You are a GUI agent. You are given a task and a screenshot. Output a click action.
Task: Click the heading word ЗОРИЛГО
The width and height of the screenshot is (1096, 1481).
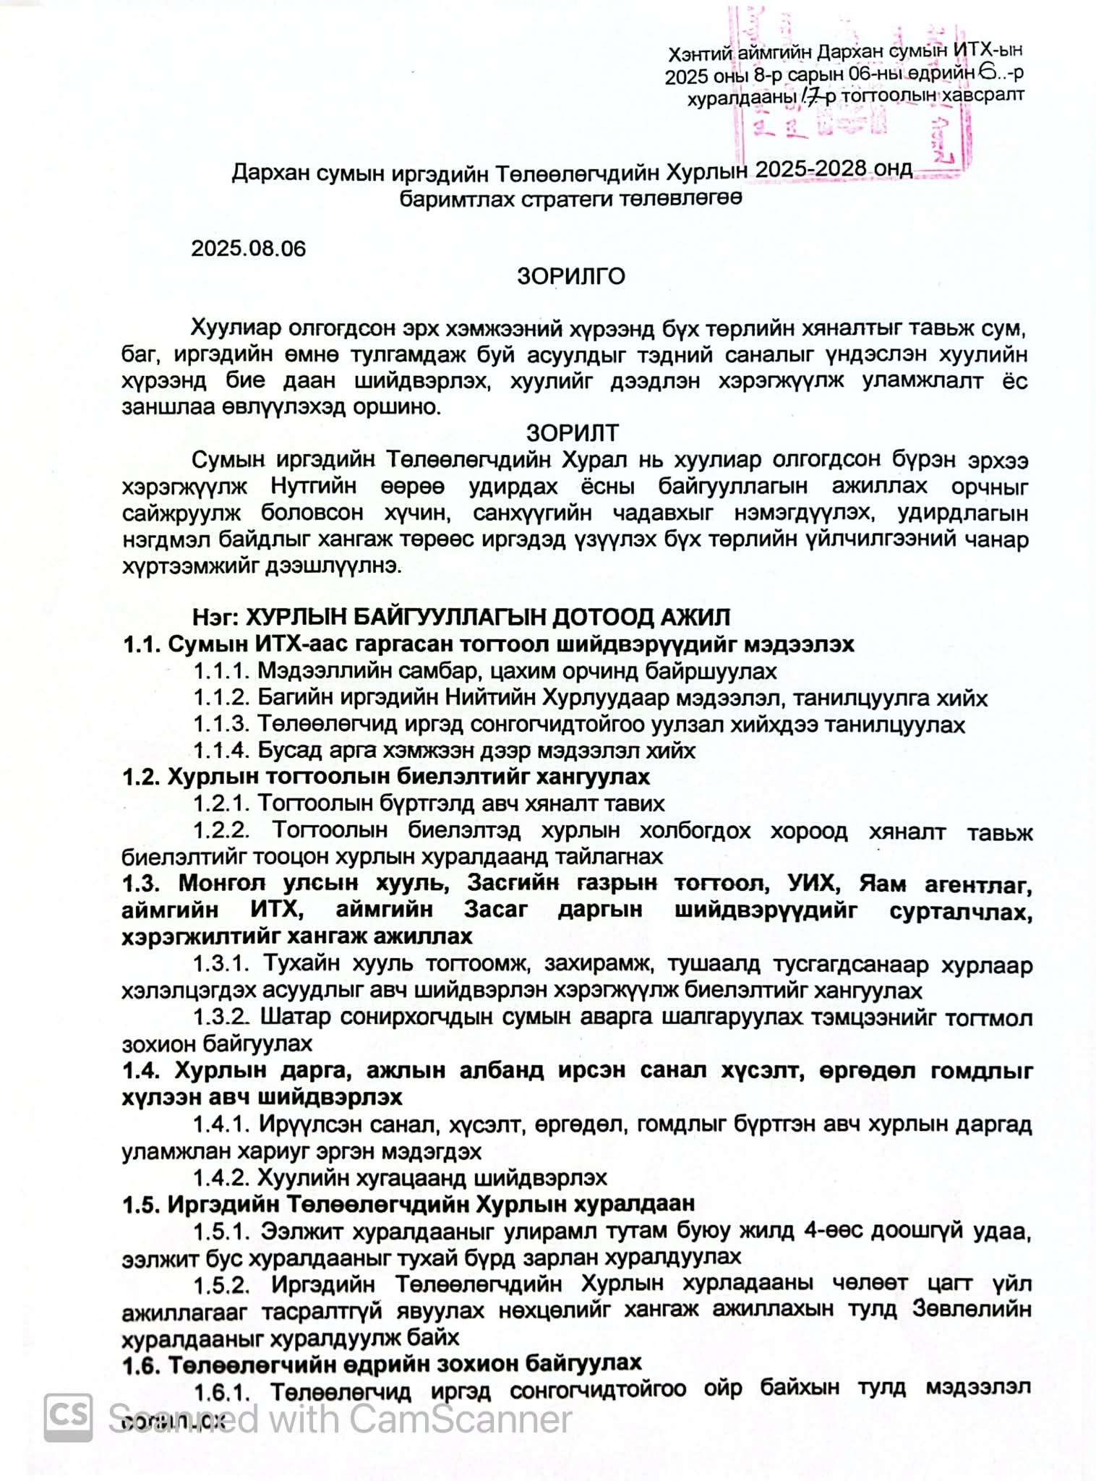pos(570,276)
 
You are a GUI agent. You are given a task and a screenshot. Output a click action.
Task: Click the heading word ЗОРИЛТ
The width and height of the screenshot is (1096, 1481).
pos(572,432)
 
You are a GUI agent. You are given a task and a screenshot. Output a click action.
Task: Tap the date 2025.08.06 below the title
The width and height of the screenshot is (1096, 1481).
pos(248,249)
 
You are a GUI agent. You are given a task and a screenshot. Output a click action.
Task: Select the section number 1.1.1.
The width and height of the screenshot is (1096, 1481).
pos(221,671)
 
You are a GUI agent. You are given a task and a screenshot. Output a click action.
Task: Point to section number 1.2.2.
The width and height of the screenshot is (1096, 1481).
pos(221,830)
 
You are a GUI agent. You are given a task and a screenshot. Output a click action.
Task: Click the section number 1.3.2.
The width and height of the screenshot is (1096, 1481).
pos(221,1017)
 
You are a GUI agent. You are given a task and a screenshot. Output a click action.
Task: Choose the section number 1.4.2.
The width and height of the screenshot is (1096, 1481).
pos(221,1178)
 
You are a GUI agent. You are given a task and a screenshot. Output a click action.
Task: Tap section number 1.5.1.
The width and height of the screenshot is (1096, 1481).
pos(221,1231)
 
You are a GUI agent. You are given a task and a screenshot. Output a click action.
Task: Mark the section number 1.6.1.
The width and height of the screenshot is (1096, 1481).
pos(221,1391)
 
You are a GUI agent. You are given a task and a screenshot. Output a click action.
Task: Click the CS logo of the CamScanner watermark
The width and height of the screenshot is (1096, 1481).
pos(68,1418)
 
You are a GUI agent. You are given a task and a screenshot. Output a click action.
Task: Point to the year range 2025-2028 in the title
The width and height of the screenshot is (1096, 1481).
pos(810,169)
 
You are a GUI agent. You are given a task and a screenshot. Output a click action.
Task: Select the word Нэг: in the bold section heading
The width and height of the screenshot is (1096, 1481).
pos(215,618)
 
